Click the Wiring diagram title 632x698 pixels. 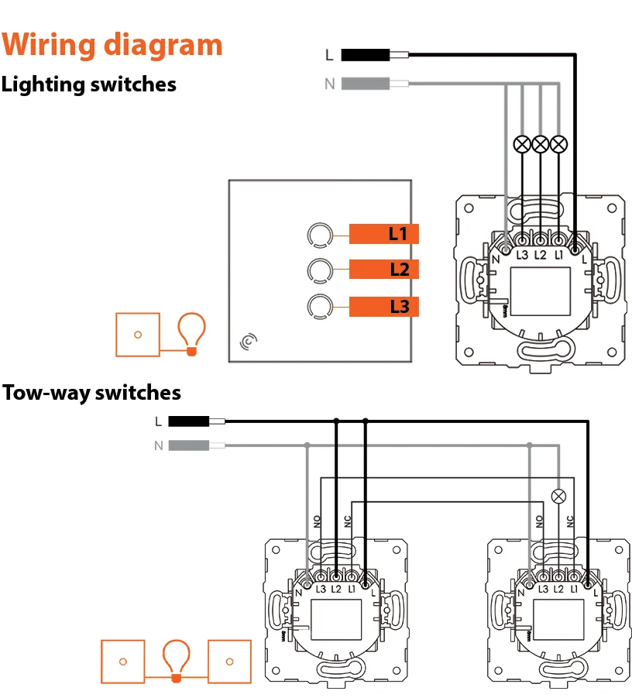[x=112, y=44]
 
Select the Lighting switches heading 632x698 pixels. [x=89, y=84]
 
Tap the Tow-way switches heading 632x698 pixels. [x=91, y=393]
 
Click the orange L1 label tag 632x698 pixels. [x=384, y=234]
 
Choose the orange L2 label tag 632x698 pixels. [x=384, y=270]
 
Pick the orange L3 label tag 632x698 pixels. [x=384, y=307]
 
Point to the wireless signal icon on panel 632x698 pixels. [x=249, y=340]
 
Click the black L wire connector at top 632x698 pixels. [x=366, y=55]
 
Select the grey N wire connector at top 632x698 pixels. [x=366, y=84]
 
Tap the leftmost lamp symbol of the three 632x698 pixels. [x=523, y=143]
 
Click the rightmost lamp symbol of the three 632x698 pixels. [x=558, y=143]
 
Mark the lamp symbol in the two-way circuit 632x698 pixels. [x=557, y=497]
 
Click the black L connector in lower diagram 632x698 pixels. [x=188, y=421]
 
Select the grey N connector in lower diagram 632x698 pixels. [x=188, y=445]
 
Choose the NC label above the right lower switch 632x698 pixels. [x=570, y=522]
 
